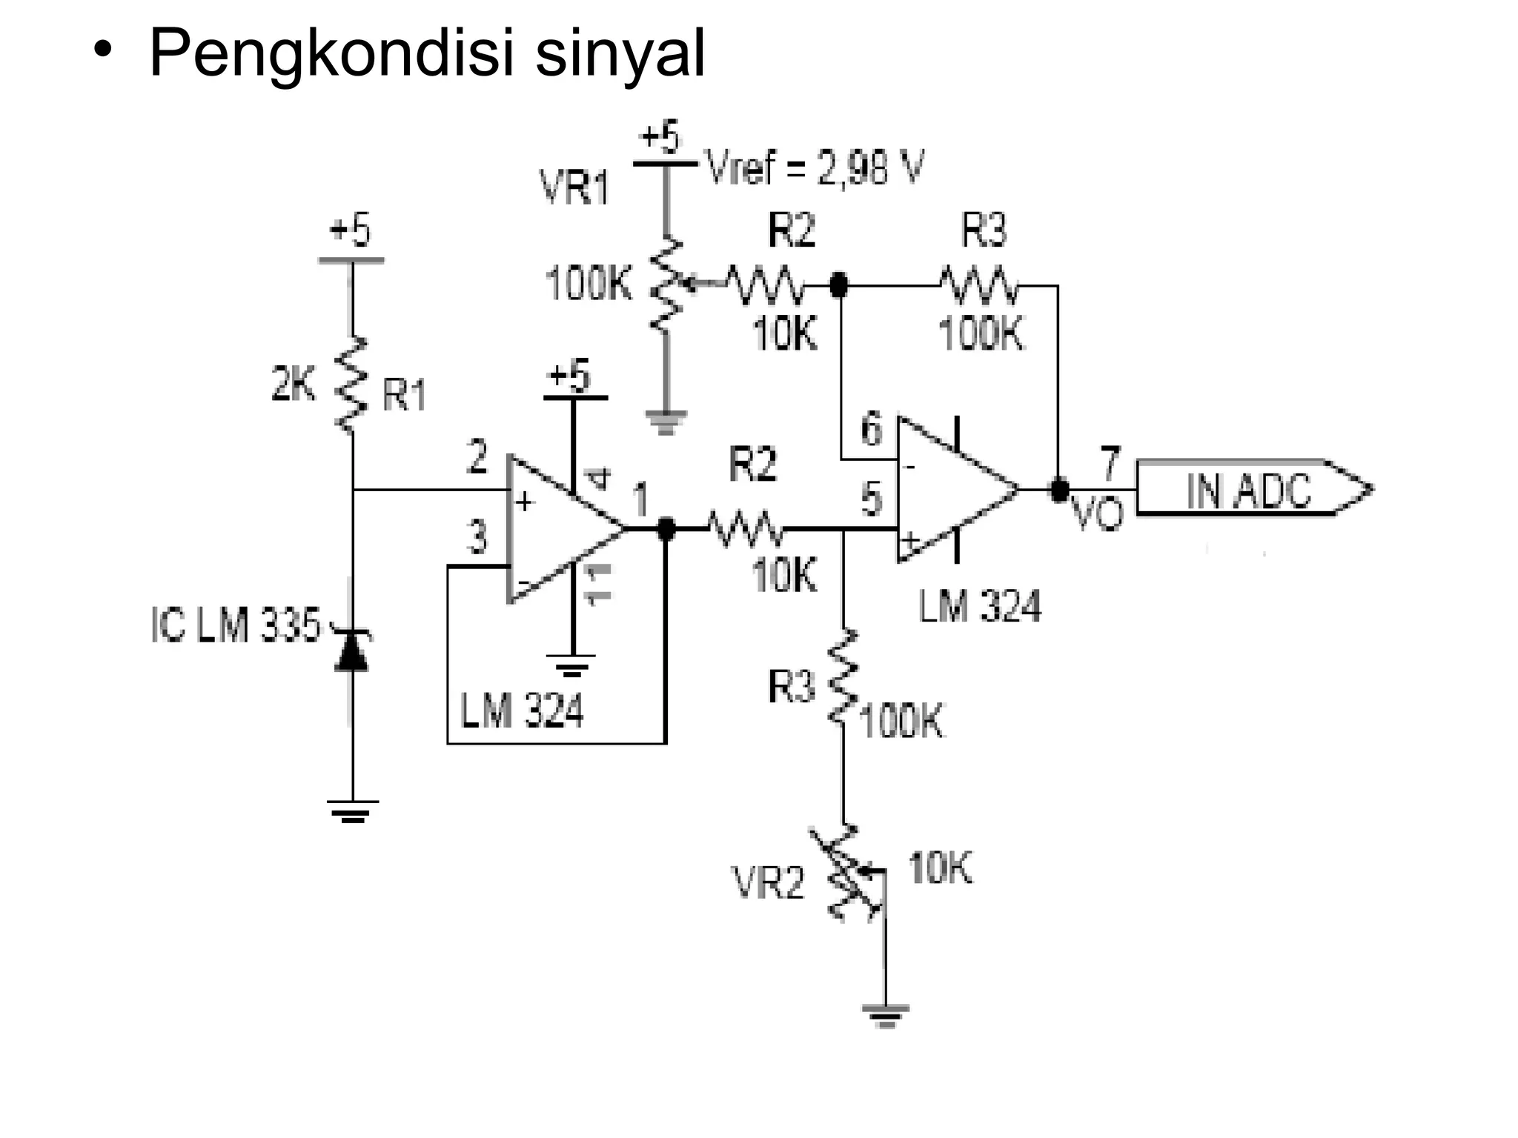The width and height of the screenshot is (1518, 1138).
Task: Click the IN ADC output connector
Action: (1253, 488)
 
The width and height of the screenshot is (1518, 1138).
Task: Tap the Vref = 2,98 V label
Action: (815, 168)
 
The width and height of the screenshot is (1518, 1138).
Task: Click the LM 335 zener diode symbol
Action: (352, 650)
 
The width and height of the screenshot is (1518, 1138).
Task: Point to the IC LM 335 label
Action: (236, 625)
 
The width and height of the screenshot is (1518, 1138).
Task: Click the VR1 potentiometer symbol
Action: (666, 284)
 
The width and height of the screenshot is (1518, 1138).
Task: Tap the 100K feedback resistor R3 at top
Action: (978, 286)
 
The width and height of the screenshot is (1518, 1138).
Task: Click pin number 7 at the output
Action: (1110, 463)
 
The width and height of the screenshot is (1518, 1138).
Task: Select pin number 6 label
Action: (872, 429)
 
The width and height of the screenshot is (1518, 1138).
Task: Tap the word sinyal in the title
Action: (620, 53)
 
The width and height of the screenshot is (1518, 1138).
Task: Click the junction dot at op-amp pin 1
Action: (666, 528)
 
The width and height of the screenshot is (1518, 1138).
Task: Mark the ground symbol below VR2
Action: (885, 1015)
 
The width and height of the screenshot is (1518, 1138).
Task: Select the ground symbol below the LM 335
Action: (353, 811)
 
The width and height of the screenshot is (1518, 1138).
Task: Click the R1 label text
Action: (405, 394)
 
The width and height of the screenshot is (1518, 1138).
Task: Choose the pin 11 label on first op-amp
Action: (599, 584)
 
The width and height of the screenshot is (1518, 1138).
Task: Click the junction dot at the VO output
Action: (1060, 490)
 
